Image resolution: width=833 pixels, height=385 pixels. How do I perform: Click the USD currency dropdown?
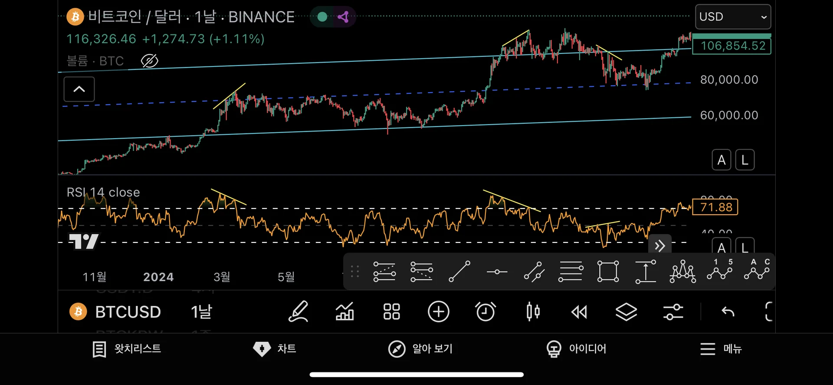(x=732, y=17)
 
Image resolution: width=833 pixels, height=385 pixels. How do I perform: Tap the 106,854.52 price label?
(x=732, y=46)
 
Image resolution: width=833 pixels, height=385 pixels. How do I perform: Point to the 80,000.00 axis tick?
(x=729, y=80)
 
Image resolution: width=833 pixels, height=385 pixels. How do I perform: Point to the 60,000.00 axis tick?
(x=729, y=116)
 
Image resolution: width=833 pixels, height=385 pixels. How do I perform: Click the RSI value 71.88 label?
(x=715, y=207)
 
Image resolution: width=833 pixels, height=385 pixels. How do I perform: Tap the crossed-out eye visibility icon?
(x=150, y=61)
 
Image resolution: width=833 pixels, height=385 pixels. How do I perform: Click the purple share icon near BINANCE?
(x=343, y=17)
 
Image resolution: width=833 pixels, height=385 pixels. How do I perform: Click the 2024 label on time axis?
(x=158, y=277)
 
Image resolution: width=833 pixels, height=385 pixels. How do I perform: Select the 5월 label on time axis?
(x=286, y=277)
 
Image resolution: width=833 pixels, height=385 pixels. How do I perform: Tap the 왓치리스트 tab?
(x=127, y=349)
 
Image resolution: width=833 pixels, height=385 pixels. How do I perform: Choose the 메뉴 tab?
(x=721, y=349)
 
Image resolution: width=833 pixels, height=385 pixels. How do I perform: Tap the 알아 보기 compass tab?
(x=420, y=349)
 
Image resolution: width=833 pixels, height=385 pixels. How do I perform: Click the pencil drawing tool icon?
(x=298, y=312)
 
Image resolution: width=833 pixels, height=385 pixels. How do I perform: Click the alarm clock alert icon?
(x=485, y=312)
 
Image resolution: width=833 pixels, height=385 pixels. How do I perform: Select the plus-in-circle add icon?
(x=438, y=312)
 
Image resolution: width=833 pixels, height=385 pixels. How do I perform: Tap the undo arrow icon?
(x=728, y=312)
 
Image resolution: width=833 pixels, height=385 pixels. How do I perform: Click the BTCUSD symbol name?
(x=128, y=312)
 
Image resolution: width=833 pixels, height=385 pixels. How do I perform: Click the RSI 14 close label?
(x=103, y=192)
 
